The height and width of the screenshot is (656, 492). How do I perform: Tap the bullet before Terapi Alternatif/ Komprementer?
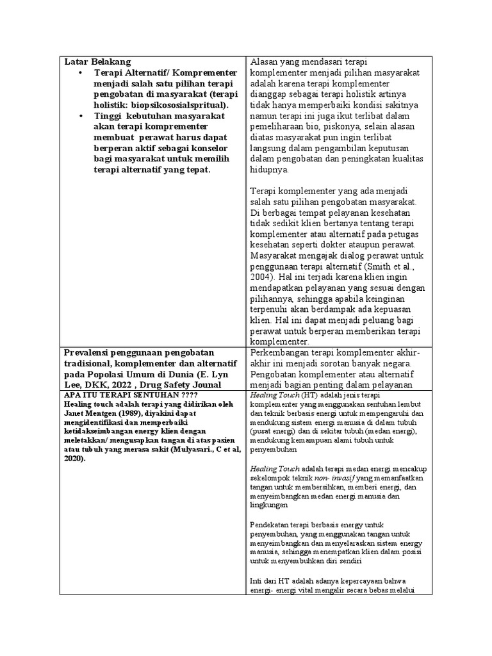point(81,74)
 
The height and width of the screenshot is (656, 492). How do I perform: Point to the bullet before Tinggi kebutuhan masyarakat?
point(81,117)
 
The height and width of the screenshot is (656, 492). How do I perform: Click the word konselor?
point(214,149)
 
